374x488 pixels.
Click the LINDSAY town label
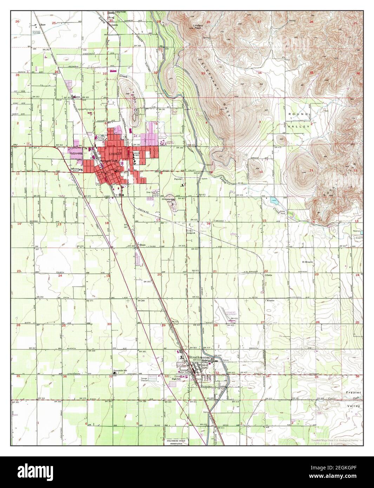click(114, 154)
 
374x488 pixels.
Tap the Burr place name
click(43, 25)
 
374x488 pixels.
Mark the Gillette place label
click(269, 275)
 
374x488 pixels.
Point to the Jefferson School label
click(74, 170)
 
